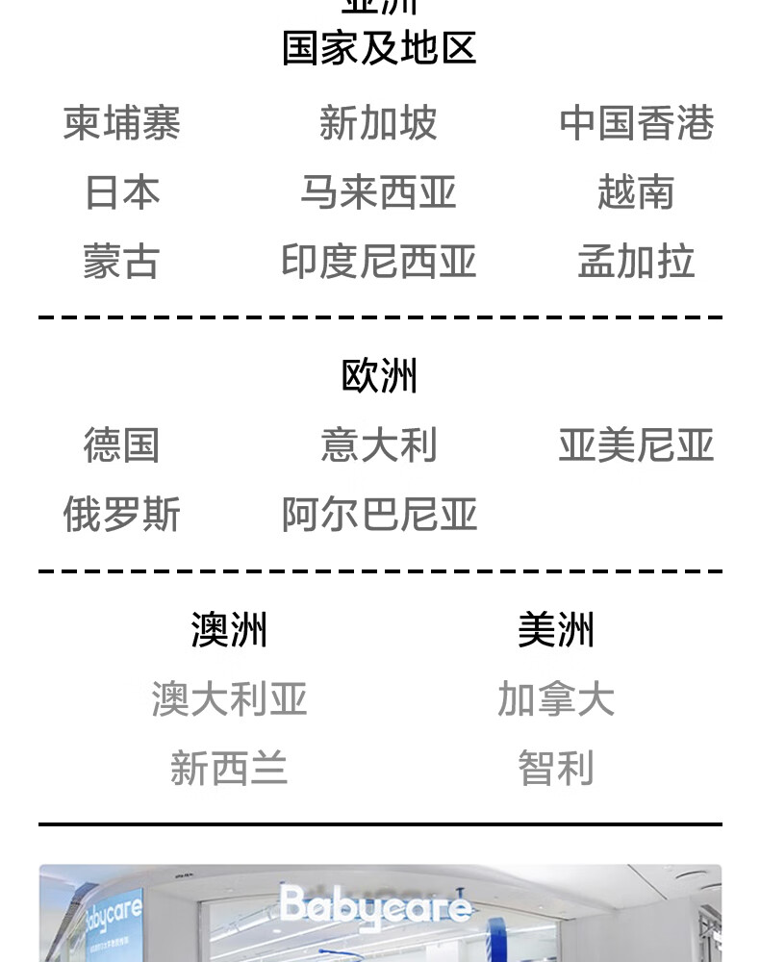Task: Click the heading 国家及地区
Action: [379, 48]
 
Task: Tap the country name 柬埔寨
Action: [122, 123]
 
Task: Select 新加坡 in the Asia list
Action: [378, 123]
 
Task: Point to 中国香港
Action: [636, 123]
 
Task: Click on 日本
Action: [122, 192]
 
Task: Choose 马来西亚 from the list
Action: [378, 192]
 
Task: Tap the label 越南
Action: [636, 192]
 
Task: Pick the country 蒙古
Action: [122, 262]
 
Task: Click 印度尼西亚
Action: [378, 262]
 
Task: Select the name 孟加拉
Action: [636, 262]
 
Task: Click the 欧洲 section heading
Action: [379, 376]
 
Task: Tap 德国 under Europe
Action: [122, 445]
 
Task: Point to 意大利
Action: [378, 445]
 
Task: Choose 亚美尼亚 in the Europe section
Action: [636, 445]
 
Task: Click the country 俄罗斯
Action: [122, 515]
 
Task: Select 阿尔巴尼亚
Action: [379, 515]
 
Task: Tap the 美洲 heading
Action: [556, 630]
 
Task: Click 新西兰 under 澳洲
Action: [229, 769]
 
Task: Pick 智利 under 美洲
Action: [556, 769]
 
